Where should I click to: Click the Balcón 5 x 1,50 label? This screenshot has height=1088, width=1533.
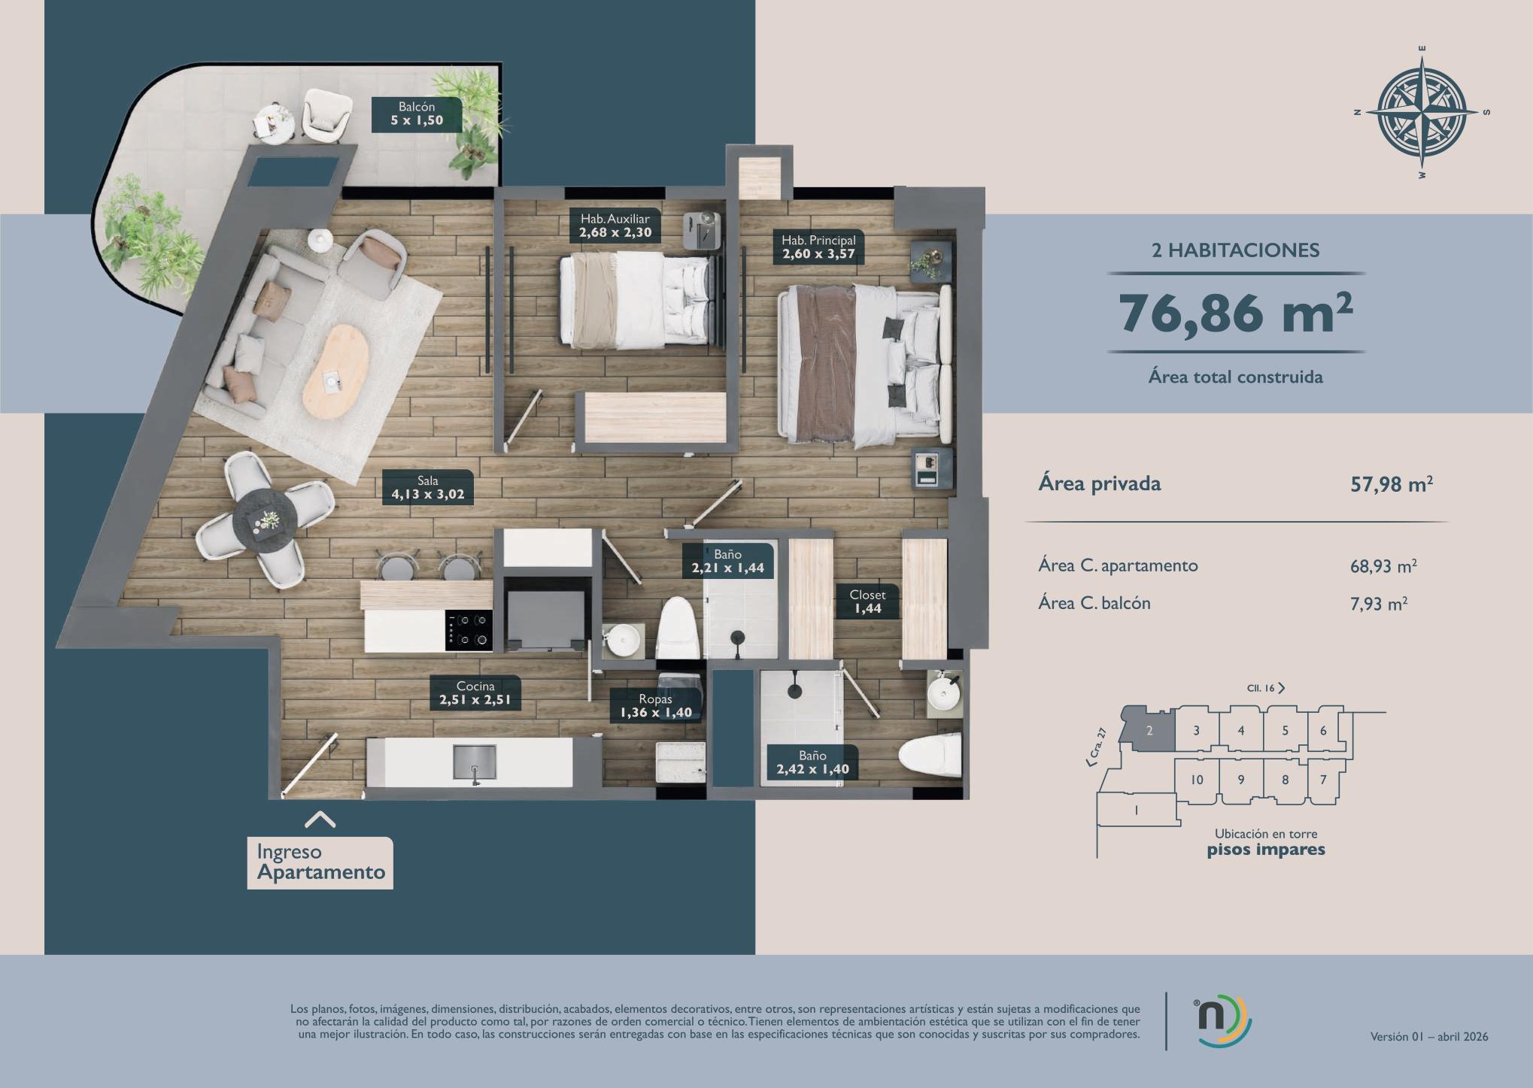click(417, 114)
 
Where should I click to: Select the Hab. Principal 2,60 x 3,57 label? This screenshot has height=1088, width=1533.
click(818, 247)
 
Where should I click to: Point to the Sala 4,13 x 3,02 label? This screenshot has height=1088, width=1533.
click(428, 488)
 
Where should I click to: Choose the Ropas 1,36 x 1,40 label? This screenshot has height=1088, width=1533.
click(656, 706)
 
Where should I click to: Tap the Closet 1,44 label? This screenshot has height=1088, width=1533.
click(868, 602)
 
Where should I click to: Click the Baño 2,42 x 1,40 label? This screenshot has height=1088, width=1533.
click(813, 762)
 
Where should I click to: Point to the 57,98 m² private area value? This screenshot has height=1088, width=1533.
click(1392, 484)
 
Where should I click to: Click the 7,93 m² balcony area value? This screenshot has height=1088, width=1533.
click(1379, 603)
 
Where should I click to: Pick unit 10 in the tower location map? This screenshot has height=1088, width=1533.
click(1197, 780)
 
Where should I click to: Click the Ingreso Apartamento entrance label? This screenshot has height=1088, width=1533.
click(320, 862)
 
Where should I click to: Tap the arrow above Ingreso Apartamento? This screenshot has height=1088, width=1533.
click(320, 820)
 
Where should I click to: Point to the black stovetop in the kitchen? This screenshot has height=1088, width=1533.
click(469, 630)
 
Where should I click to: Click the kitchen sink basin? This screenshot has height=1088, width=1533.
click(475, 762)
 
